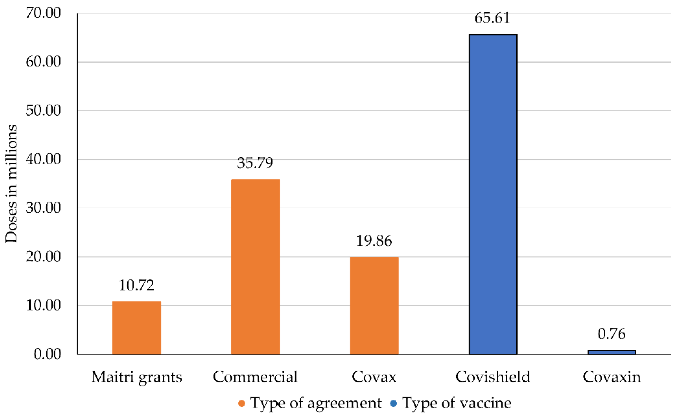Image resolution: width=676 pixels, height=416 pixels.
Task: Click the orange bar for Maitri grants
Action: pos(137,328)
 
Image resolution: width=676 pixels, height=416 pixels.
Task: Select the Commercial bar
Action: pos(255,267)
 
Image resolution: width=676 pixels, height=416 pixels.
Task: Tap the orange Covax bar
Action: pos(374,306)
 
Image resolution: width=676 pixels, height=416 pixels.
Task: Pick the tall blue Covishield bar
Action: pos(493,195)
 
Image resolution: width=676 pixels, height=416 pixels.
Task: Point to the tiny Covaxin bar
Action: pos(611,353)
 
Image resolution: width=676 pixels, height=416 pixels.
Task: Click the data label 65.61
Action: pos(492,18)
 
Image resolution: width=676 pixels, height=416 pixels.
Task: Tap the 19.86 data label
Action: pos(374,241)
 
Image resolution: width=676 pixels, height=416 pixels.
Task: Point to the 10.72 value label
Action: pos(136,285)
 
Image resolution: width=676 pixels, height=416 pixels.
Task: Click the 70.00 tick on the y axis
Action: pos(43,13)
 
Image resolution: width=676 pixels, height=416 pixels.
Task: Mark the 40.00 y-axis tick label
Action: pos(43,159)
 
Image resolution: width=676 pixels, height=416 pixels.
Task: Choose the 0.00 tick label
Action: pos(47,354)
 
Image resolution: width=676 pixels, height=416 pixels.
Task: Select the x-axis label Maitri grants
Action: pos(137,377)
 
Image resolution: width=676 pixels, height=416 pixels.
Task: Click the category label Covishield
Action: pos(493,376)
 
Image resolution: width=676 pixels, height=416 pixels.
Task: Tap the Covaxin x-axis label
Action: pos(611,377)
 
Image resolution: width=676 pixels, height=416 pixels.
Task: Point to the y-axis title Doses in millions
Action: pos(11,184)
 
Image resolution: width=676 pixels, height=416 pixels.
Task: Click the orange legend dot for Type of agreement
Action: pos(241,404)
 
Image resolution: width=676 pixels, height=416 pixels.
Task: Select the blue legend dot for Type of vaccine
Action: pos(394,404)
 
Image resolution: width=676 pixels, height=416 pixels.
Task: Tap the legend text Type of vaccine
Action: pos(457,403)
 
